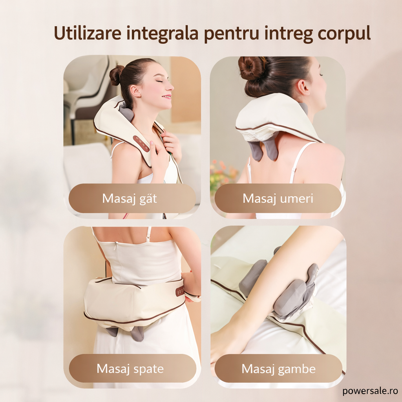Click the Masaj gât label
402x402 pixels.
[x=130, y=198]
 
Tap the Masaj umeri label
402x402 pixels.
[x=278, y=198]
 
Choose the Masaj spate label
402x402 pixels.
[x=130, y=369]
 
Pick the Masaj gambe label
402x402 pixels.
[x=278, y=369]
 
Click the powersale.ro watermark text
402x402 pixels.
[x=370, y=391]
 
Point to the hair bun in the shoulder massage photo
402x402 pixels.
[x=252, y=68]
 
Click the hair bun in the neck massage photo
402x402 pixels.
[x=117, y=75]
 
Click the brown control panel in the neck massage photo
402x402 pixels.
[x=141, y=144]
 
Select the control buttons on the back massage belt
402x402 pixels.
[x=180, y=291]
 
